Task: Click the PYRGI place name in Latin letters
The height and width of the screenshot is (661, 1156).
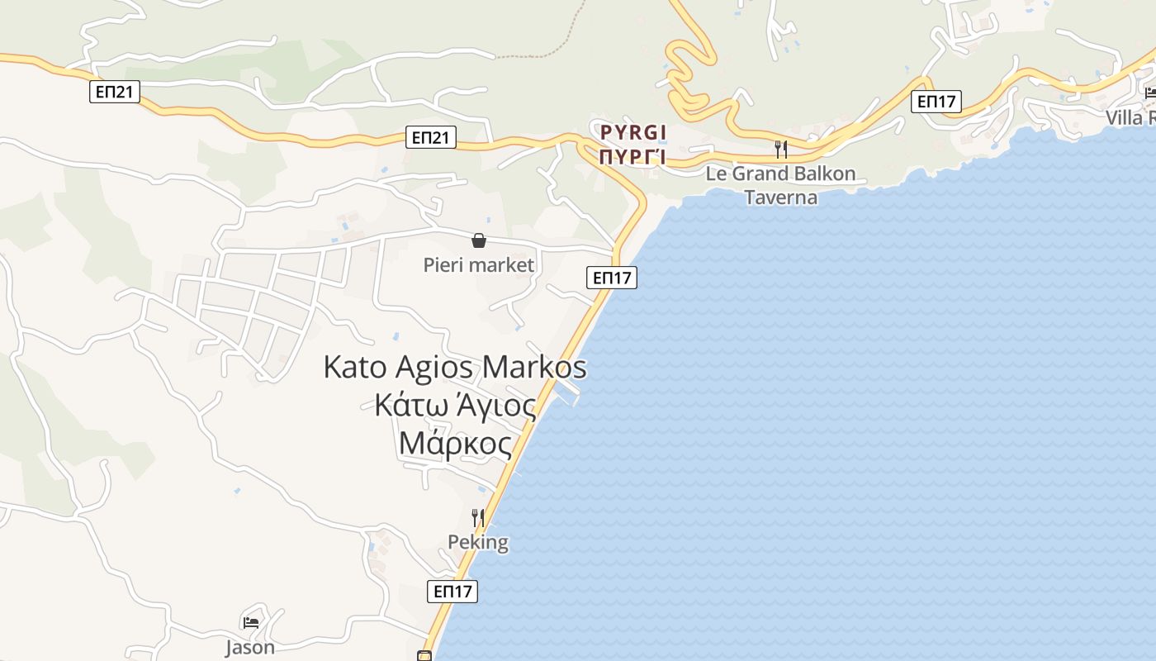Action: (x=633, y=132)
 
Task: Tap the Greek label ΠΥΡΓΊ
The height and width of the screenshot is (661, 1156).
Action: (x=633, y=157)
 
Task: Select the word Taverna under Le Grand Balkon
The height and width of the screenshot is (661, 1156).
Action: (x=780, y=197)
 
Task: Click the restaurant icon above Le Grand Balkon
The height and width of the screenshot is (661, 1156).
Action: (x=780, y=150)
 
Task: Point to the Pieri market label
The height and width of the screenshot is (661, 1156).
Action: (x=479, y=265)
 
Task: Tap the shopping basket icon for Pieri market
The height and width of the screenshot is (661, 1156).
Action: (x=479, y=240)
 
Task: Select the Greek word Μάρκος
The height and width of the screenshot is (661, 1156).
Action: (x=455, y=444)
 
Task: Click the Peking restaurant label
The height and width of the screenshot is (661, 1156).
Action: (x=478, y=543)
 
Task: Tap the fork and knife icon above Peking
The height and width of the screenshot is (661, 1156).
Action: (x=478, y=518)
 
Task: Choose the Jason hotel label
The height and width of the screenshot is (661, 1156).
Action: (x=250, y=647)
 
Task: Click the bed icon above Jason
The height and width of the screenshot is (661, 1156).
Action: (x=251, y=622)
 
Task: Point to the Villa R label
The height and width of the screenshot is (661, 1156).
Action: (x=1130, y=117)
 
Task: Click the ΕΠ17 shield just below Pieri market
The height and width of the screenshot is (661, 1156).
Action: (x=612, y=278)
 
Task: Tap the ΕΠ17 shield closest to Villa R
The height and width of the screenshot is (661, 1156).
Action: (x=937, y=102)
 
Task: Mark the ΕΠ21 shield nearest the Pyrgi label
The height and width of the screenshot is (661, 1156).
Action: (x=431, y=137)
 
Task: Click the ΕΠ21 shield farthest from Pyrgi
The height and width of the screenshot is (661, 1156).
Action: (x=115, y=92)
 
